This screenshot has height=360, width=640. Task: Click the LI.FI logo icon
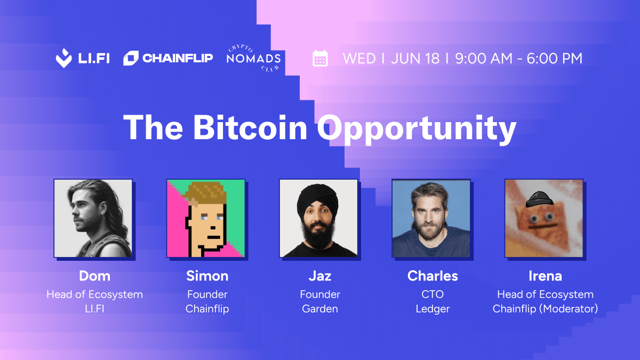click(63, 58)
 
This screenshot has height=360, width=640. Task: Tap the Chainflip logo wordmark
click(178, 58)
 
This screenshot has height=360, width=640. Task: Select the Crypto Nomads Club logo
click(253, 58)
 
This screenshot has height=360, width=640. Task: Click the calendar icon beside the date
click(320, 58)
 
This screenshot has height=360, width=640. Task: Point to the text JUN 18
click(415, 58)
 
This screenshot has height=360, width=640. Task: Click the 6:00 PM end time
click(554, 58)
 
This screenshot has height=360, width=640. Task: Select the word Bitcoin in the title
click(250, 127)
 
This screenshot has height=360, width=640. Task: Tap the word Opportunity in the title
click(417, 130)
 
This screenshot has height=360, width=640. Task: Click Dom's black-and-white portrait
click(93, 218)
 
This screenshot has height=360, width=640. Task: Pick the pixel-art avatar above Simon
click(206, 218)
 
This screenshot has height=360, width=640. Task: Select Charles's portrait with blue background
click(431, 218)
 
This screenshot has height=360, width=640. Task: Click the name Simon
click(207, 276)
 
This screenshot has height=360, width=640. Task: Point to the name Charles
click(433, 276)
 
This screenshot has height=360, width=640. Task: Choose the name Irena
click(545, 276)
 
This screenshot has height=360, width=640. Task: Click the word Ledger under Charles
click(433, 309)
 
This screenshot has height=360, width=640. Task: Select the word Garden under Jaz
click(320, 309)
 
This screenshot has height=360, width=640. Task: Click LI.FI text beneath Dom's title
click(94, 309)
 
